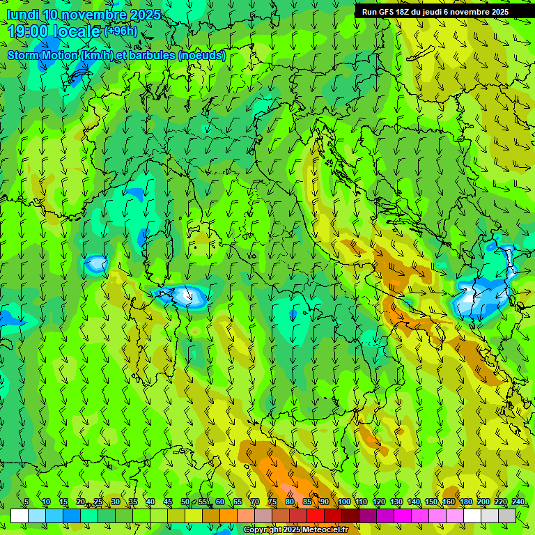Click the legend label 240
point(518,502)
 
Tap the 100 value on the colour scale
point(344,502)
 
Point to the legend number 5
point(26,502)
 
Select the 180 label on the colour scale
point(465,502)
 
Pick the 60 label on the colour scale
point(220,502)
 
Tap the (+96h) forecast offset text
point(121,31)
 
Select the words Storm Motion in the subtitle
point(42,55)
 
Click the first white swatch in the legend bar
point(20,515)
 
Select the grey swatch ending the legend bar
point(507,515)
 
